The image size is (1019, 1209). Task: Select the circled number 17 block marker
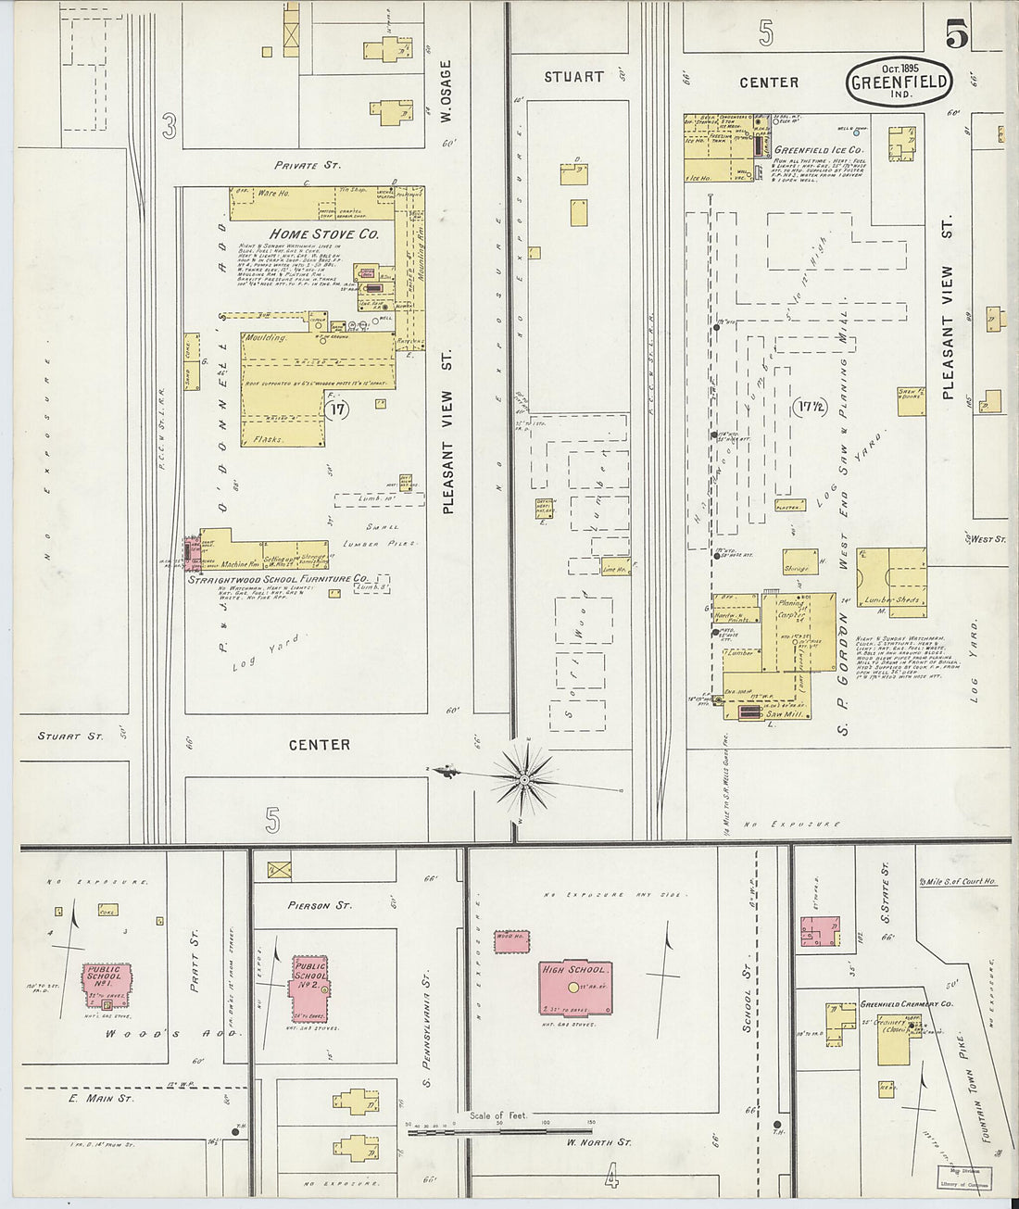(x=338, y=410)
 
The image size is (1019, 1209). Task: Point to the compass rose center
(x=524, y=779)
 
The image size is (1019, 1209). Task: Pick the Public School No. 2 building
(x=310, y=984)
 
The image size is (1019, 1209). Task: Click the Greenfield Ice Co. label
(x=818, y=149)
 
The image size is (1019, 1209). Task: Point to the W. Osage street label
(x=446, y=91)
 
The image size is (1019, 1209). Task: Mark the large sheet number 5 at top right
(x=957, y=36)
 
